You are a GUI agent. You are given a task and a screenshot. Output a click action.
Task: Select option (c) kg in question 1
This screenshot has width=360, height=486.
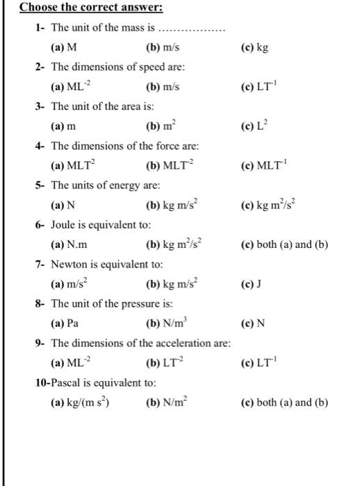tap(254, 48)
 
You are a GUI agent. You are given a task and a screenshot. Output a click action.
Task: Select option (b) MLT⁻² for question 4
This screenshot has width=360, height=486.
tap(169, 167)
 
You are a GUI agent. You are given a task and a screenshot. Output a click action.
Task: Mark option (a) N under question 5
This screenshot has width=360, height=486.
tap(63, 206)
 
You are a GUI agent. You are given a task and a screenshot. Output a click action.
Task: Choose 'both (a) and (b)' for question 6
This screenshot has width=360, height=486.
tap(284, 245)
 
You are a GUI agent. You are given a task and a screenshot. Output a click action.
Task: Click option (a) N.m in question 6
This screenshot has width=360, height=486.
tap(69, 245)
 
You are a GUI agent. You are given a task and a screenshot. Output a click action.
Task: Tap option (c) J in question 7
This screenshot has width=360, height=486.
tap(249, 285)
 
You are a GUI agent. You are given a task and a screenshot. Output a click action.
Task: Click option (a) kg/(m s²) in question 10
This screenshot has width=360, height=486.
tap(81, 403)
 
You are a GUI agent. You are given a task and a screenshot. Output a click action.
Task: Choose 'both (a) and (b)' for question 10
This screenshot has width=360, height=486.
tap(284, 403)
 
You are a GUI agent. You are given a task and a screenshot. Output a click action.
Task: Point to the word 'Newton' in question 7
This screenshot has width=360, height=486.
tap(70, 265)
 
